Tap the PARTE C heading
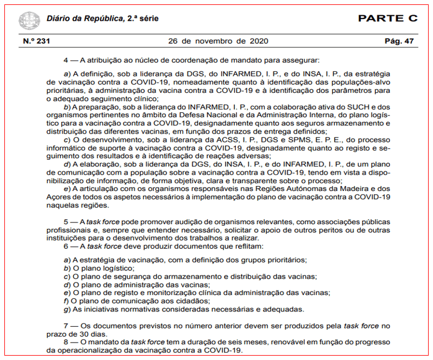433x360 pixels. (x=388, y=19)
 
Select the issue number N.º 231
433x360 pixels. (x=36, y=41)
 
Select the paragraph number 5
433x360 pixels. (x=66, y=222)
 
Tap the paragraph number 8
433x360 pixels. (x=66, y=343)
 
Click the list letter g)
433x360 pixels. (x=67, y=309)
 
